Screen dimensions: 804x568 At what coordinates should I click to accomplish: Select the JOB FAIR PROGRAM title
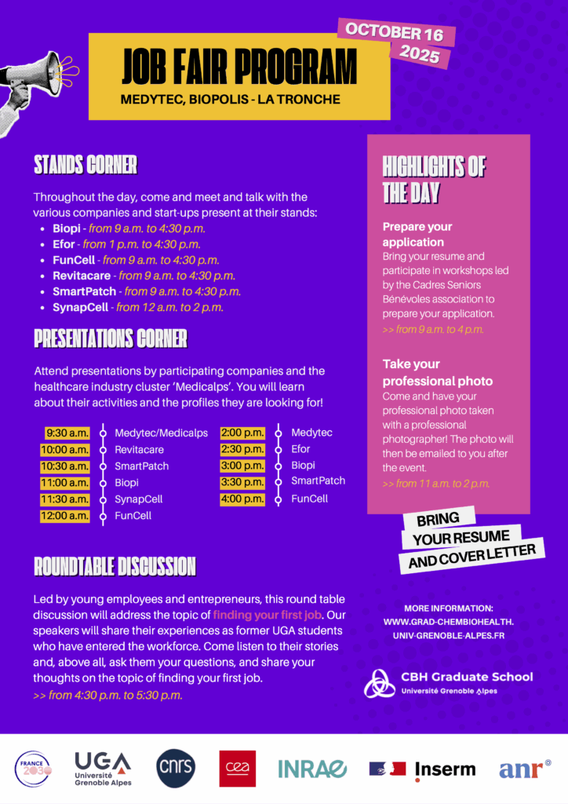tap(238, 67)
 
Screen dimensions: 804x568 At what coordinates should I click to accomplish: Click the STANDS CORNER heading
tap(86, 165)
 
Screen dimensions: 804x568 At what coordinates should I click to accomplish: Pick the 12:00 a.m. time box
tap(65, 516)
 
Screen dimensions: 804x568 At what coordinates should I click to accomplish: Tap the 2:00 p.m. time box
tap(242, 433)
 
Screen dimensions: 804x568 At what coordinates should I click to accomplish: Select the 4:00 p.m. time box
tap(242, 499)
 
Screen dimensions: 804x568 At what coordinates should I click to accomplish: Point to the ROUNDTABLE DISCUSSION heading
tap(115, 566)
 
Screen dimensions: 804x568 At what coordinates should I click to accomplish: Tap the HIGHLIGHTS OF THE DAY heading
tap(434, 179)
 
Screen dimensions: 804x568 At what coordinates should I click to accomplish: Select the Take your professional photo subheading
tap(438, 372)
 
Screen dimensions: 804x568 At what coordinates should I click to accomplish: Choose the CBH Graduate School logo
tap(448, 683)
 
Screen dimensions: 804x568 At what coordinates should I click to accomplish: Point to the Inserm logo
tap(423, 769)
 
